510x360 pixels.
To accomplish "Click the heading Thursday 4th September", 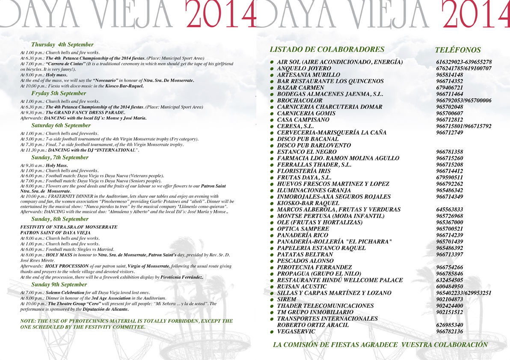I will [x=62, y=44].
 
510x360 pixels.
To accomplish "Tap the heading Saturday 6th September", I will [x=61, y=125].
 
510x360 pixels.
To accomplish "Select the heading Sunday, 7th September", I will [x=60, y=157].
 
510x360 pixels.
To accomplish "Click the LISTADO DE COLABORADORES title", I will [x=327, y=49].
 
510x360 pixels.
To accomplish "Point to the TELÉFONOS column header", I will [x=457, y=50].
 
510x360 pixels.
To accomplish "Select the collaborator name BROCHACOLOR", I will [x=299, y=100].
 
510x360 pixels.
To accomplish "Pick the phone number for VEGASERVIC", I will [x=449, y=331].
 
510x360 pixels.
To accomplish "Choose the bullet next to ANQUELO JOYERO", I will [x=271, y=69].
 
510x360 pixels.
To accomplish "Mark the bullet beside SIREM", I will [x=271, y=300].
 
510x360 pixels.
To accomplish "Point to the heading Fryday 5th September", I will [x=58, y=93].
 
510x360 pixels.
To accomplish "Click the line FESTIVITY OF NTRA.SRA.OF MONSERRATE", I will [x=69, y=227].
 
